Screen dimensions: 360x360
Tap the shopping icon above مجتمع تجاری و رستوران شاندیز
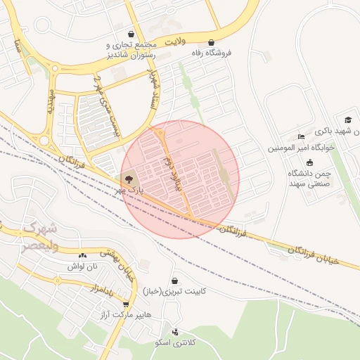tap(131, 34)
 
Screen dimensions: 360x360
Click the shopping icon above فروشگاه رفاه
tap(212, 42)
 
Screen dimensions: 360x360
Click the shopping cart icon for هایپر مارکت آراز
tap(126, 304)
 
